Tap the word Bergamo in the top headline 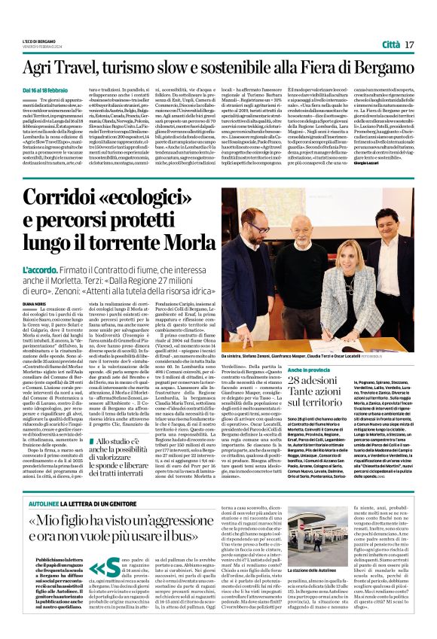389,68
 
